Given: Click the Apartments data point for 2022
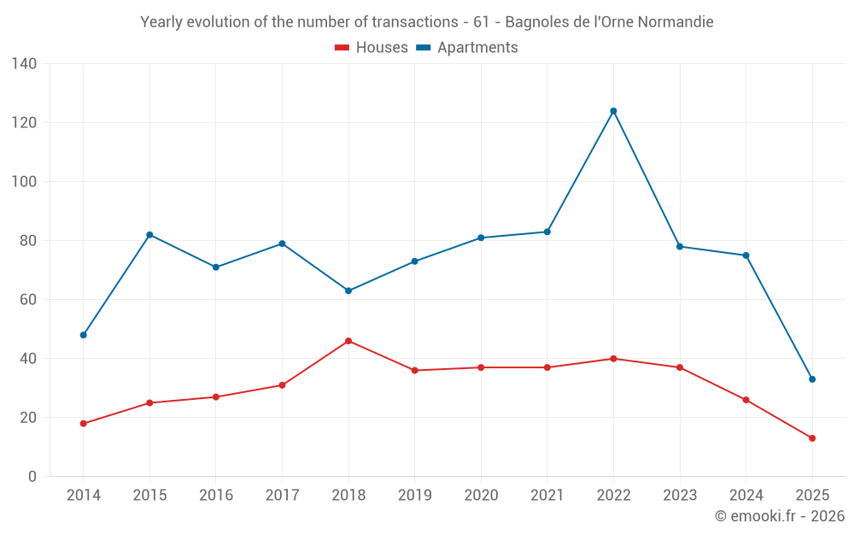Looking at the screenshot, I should click(613, 111).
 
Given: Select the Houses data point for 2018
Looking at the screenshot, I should click(348, 341).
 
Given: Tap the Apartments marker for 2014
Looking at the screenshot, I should click(84, 335).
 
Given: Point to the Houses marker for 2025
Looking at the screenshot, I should click(812, 438).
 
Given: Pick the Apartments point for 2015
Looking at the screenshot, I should click(149, 235).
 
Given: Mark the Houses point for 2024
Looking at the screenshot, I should click(746, 400).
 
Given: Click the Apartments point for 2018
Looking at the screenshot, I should click(348, 290).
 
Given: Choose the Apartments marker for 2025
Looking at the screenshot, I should click(812, 379).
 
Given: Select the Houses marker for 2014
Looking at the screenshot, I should click(84, 424).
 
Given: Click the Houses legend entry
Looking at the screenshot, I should click(371, 48).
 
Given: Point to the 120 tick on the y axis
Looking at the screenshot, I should click(25, 123).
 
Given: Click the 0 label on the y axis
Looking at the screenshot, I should click(32, 477).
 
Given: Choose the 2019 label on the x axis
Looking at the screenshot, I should click(414, 496).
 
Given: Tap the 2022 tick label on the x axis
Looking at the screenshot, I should click(613, 496).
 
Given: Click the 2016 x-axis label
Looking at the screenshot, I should click(216, 496).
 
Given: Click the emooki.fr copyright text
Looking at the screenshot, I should click(780, 516).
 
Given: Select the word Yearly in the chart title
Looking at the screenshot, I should click(161, 22).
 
